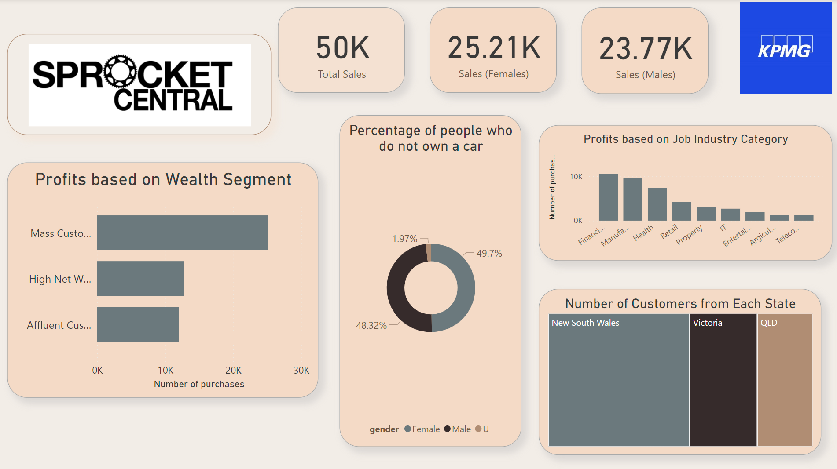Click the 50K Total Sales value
(343, 48)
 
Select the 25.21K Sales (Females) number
(494, 47)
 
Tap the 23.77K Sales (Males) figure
(646, 48)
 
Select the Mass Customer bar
(182, 233)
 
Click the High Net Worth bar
(140, 278)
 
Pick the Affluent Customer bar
(138, 324)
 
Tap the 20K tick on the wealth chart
(233, 370)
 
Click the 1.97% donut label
(404, 239)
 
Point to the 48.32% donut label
(371, 325)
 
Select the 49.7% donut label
(489, 253)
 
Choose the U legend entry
(482, 429)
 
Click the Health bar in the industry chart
(657, 204)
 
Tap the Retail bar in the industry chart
(682, 211)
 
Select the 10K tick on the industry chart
(576, 177)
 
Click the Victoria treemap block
(723, 380)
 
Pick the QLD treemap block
(784, 380)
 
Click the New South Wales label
(585, 323)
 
